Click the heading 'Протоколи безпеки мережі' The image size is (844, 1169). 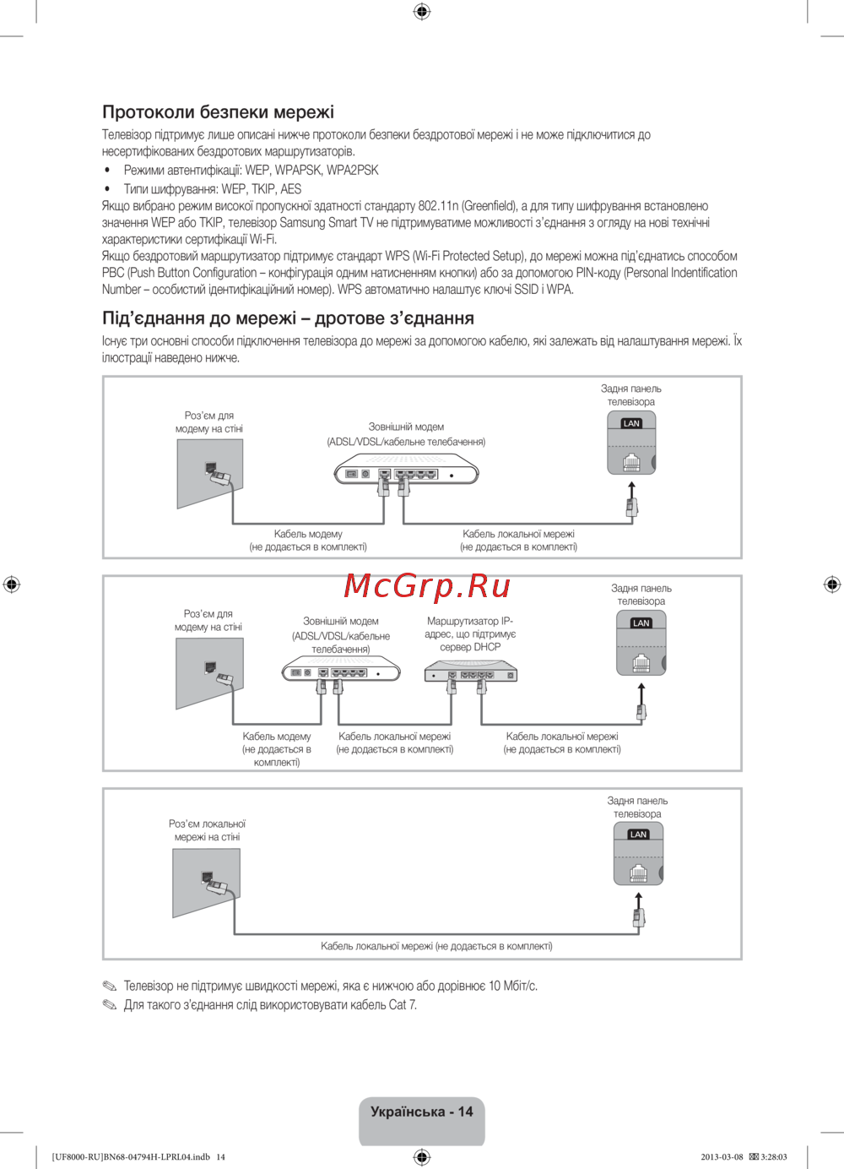(218, 111)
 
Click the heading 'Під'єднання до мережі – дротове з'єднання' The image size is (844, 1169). (288, 318)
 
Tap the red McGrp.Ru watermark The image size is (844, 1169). (427, 584)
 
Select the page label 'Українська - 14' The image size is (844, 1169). (421, 1112)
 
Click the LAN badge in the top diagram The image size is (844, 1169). (631, 423)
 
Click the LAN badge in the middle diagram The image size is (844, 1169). (641, 623)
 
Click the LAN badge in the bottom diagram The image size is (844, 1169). (638, 835)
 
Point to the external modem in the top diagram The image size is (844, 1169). (406, 471)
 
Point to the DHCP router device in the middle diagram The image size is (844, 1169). (470, 673)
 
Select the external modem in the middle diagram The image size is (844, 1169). (340, 671)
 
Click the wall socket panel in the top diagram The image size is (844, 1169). (210, 473)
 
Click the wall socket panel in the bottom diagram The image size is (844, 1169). (206, 883)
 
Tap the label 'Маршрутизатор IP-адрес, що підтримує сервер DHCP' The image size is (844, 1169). (470, 633)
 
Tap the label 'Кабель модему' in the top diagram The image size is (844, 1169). (308, 534)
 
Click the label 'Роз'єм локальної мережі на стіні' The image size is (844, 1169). (207, 830)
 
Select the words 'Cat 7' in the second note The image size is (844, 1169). (403, 1005)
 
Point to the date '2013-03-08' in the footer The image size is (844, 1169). (722, 1157)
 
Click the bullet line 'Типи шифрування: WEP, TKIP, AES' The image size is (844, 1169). (212, 189)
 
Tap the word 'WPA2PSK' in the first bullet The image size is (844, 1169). (353, 170)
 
